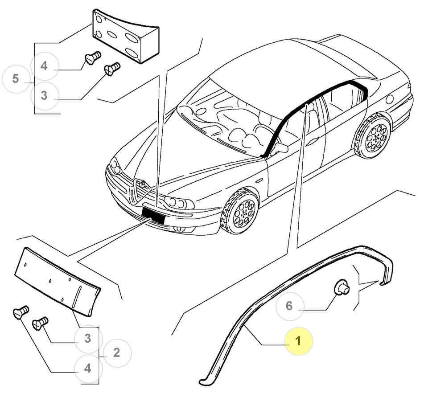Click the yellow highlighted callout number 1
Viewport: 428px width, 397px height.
click(298, 341)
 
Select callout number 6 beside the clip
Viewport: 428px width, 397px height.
click(289, 306)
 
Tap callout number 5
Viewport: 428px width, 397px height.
click(16, 78)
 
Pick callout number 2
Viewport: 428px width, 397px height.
click(117, 353)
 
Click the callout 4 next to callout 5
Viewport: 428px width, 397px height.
click(44, 66)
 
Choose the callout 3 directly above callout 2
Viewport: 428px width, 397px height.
click(88, 338)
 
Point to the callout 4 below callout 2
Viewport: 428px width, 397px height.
click(88, 368)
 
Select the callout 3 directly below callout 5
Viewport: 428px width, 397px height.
click(44, 95)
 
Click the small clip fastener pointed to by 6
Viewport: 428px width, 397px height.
click(342, 287)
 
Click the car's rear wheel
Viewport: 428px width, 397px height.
click(373, 135)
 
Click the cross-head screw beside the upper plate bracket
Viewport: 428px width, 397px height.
click(112, 69)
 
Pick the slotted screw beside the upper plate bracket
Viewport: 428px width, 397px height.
click(93, 58)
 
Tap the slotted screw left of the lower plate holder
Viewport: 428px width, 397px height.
click(21, 312)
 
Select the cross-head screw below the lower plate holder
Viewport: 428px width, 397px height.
click(40, 323)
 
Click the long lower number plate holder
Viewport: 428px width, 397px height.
click(58, 281)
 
